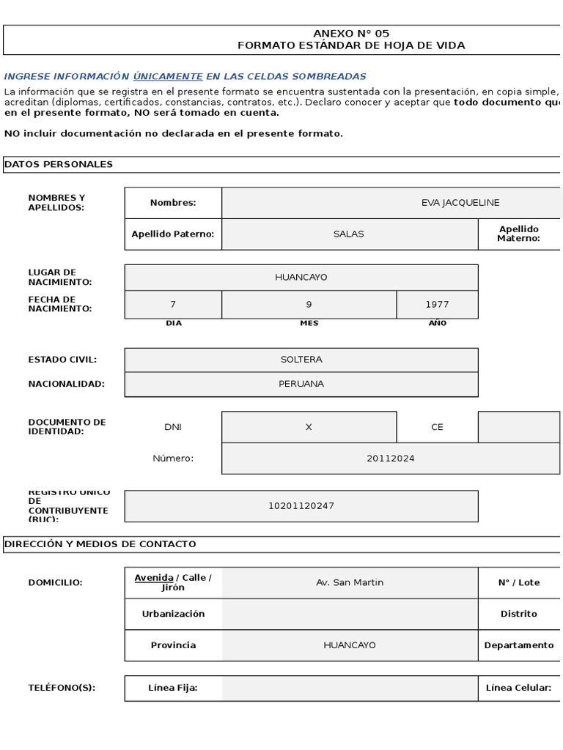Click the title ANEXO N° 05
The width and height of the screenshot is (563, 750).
click(351, 33)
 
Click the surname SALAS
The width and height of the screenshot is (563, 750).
click(349, 234)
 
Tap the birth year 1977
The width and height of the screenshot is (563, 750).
click(437, 305)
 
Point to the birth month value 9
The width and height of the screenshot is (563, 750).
click(309, 305)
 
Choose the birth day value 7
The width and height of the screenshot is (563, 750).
click(173, 305)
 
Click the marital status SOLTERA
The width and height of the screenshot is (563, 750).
click(301, 360)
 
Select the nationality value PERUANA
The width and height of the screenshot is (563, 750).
click(301, 384)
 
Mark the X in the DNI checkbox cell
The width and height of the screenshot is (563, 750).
click(309, 427)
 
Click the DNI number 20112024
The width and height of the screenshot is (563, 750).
click(391, 458)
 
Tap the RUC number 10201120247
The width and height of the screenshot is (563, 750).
click(301, 506)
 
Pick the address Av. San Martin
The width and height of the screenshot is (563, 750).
click(350, 582)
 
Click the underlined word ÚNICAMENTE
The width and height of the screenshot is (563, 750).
click(168, 76)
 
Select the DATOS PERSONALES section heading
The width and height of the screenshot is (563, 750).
click(59, 164)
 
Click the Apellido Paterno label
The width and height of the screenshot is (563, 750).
click(173, 234)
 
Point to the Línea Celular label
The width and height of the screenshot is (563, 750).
click(518, 688)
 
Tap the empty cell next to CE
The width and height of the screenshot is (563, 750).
click(519, 427)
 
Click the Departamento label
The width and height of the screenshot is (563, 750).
click(519, 645)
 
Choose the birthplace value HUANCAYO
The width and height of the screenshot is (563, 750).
click(301, 278)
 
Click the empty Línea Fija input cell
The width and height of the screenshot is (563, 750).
click(350, 688)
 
